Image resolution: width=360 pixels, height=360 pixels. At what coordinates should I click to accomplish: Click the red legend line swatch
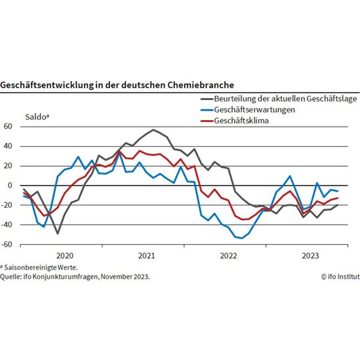[x=205, y=121]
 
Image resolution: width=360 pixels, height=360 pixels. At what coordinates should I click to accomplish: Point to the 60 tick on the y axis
[x=9, y=126]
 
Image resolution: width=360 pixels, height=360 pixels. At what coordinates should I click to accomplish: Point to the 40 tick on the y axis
[x=9, y=146]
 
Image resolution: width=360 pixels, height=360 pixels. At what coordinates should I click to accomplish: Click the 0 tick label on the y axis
[x=11, y=185]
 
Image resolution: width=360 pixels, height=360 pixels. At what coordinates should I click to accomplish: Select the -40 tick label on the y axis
[x=7, y=225]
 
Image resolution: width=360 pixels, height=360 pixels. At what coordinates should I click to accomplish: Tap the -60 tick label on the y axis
[x=7, y=245]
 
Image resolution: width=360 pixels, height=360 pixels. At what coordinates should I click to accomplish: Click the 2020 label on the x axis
[x=64, y=255]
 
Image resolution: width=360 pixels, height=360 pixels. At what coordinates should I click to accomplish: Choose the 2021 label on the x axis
[x=146, y=255]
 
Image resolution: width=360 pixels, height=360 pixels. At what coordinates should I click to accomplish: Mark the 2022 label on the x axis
[x=228, y=255]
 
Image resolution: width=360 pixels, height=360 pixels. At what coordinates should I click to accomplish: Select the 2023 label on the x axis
[x=310, y=255]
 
